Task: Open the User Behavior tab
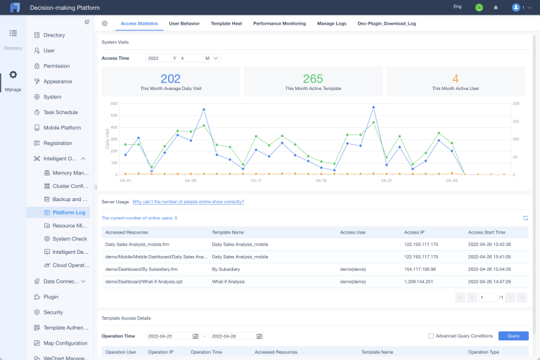[x=184, y=23]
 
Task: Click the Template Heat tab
[x=226, y=23]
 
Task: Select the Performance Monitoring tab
[x=279, y=23]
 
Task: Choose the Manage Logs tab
[x=332, y=23]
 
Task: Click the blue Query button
[x=513, y=336]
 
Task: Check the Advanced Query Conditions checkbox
[x=431, y=336]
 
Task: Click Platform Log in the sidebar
[x=68, y=212]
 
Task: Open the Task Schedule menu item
[x=60, y=112]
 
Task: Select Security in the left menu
[x=53, y=312]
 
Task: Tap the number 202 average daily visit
[x=171, y=79]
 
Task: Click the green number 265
[x=313, y=79]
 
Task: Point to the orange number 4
[x=455, y=79]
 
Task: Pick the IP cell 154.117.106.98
[x=420, y=269]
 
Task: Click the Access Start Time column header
[x=487, y=231]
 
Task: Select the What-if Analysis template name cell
[x=231, y=281]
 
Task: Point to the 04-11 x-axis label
[x=255, y=181]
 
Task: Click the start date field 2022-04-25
[x=169, y=336]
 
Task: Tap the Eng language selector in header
[x=457, y=7]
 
